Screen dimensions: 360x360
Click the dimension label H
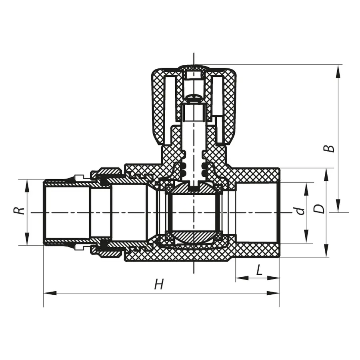[160, 285]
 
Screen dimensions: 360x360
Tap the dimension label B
[330, 148]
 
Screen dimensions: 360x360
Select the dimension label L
[259, 271]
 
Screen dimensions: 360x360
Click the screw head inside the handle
[194, 96]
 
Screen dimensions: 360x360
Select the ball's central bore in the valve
[193, 212]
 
